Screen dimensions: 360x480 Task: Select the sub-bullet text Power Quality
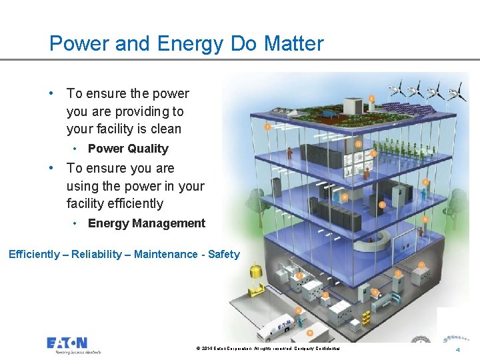pyautogui.click(x=128, y=149)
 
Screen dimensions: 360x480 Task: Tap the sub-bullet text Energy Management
pyautogui.click(x=147, y=223)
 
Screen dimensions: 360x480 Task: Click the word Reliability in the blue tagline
pyautogui.click(x=97, y=254)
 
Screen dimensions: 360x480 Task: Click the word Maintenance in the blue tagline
pyautogui.click(x=165, y=254)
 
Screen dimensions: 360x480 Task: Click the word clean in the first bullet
pyautogui.click(x=165, y=129)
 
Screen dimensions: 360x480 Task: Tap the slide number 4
pyautogui.click(x=457, y=350)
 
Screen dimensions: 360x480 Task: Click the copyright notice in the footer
pyautogui.click(x=268, y=349)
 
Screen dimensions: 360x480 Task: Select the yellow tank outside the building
pyautogui.click(x=254, y=271)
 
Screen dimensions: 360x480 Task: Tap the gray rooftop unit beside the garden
pyautogui.click(x=353, y=106)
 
